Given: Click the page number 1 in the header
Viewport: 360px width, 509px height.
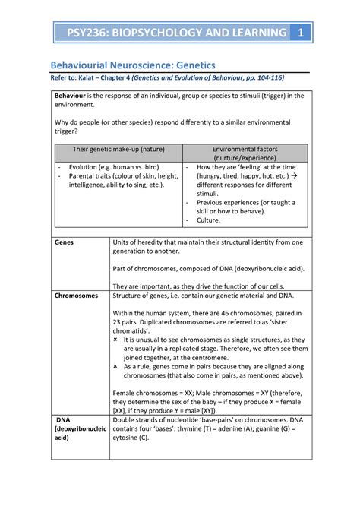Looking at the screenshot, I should coord(301,33).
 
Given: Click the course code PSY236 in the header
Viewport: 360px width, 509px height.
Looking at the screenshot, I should coord(88,33).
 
